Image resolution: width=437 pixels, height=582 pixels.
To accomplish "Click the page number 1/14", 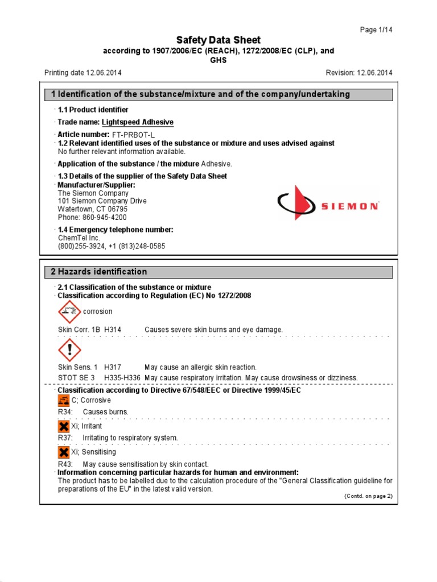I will [x=377, y=30].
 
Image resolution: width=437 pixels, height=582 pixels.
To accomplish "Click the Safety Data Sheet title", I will [x=218, y=40].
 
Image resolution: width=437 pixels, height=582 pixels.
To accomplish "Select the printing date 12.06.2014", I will [x=104, y=73].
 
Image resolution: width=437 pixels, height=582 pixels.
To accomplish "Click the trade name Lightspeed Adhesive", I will [x=138, y=122].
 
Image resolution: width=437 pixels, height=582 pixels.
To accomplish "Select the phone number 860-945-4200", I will [x=102, y=217].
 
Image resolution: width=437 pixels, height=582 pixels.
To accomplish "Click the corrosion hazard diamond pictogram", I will [x=70, y=312].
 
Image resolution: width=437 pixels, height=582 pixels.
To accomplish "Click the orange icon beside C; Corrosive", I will [x=64, y=400].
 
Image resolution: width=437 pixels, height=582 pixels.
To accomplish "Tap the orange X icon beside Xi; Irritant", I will [x=64, y=426].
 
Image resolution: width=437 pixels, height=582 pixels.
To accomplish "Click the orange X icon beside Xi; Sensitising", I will [x=64, y=452].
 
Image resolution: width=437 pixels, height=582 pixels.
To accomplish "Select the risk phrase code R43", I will [x=64, y=464].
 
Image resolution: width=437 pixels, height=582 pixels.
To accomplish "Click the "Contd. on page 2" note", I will [x=368, y=496].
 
